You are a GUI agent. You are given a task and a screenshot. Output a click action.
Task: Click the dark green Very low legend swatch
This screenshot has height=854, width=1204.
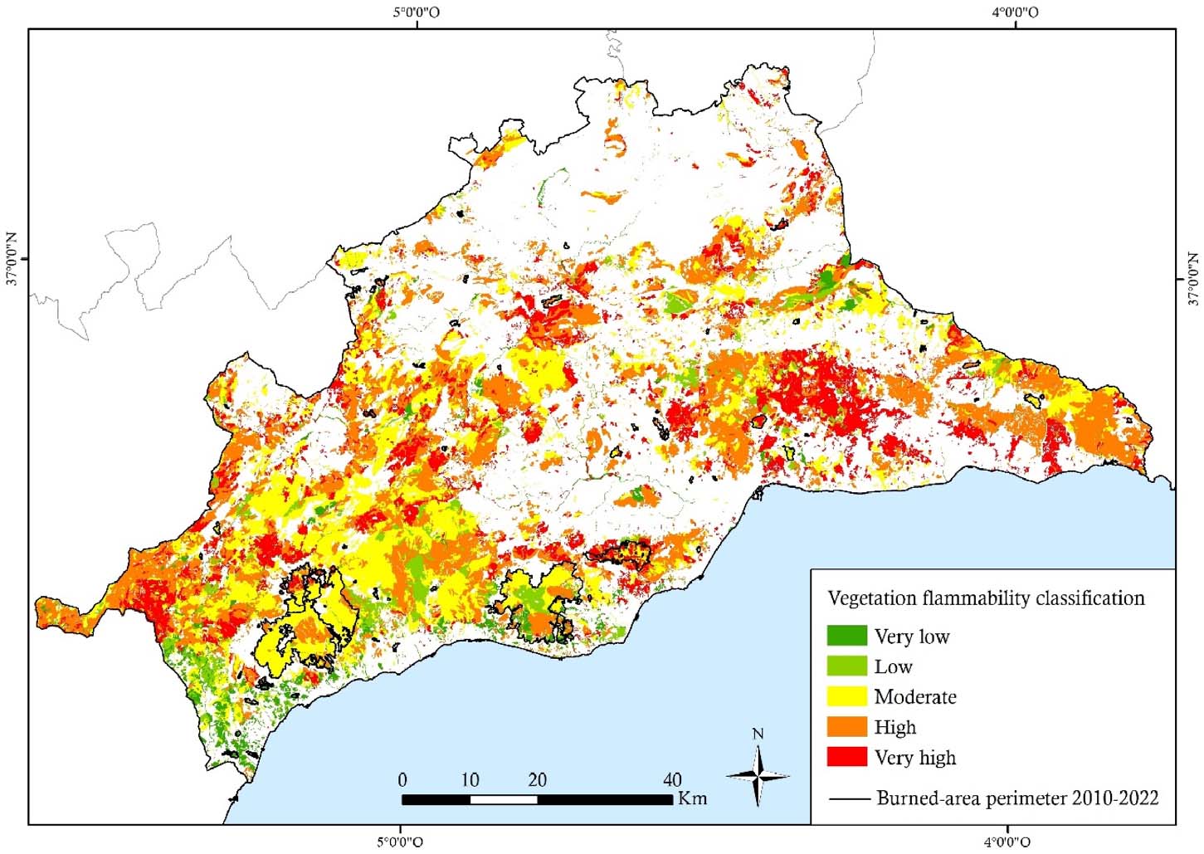tap(846, 636)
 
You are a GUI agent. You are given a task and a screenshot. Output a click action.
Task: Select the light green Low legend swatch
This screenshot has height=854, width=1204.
tap(846, 666)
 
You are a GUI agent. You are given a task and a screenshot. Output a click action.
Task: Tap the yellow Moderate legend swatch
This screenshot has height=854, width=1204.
tap(846, 696)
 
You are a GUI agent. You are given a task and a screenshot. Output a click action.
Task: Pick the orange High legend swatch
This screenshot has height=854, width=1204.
tap(846, 727)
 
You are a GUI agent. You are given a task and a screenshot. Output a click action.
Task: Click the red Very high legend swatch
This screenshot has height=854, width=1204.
tap(846, 757)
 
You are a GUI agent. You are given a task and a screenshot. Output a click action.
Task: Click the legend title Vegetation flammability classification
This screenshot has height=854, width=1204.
tap(986, 598)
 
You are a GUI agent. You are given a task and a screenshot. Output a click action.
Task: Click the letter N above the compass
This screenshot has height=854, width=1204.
tap(758, 734)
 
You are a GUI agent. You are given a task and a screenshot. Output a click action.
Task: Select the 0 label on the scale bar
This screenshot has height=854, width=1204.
tap(402, 780)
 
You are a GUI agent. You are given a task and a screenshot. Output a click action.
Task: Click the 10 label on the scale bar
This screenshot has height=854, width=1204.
tap(470, 780)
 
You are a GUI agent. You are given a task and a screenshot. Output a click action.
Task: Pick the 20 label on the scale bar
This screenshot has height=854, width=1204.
tap(537, 780)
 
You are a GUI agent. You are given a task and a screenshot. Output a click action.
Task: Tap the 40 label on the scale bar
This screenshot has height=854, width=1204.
tap(672, 780)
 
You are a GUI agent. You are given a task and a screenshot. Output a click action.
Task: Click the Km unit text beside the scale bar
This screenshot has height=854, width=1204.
tap(693, 798)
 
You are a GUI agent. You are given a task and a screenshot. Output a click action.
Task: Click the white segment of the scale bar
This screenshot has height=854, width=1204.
tap(504, 799)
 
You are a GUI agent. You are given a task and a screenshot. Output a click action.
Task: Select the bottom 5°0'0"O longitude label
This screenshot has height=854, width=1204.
tap(401, 842)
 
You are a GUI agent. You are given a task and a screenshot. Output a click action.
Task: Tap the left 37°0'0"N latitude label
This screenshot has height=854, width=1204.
tap(13, 258)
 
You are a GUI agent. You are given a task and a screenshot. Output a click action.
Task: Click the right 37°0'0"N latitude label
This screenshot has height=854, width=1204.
tap(1192, 278)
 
